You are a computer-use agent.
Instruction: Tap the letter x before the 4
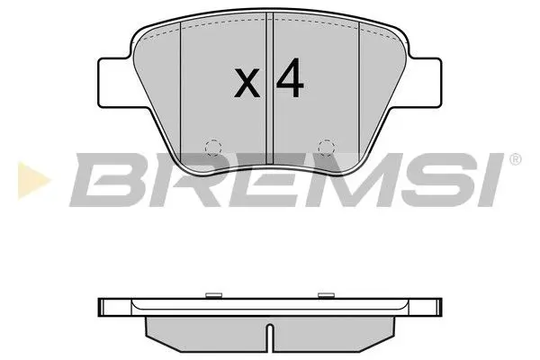(247, 85)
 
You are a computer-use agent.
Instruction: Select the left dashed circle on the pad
(212, 147)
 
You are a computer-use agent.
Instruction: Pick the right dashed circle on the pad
(327, 147)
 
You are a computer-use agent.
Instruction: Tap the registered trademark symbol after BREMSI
(515, 160)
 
